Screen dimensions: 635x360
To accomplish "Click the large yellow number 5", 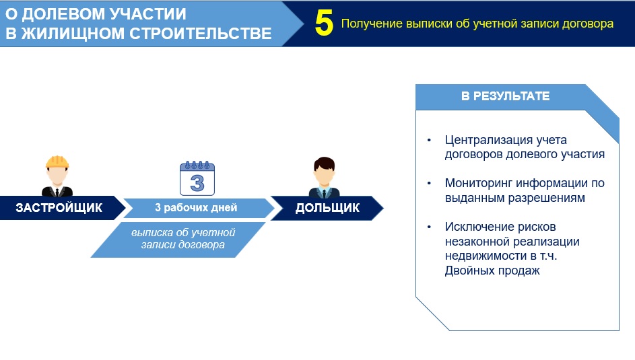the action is coord(324,23).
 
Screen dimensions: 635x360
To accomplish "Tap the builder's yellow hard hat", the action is coord(57,161).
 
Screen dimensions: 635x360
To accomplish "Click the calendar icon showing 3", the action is coord(197,178).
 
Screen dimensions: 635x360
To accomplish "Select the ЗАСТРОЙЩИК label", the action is coord(59,208).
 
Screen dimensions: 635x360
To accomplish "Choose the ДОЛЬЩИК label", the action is coord(327,208).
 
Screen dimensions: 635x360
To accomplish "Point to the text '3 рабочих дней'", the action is coord(196,208).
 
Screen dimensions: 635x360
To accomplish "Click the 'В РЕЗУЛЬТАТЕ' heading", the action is coord(506,96).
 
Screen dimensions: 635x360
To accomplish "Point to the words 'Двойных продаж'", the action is coord(492,271).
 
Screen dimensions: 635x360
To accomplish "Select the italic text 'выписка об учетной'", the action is coord(183,233).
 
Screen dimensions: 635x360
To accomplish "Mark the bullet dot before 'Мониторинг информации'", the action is coord(429,183).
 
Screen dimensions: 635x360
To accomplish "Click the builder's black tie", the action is coord(57,192).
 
